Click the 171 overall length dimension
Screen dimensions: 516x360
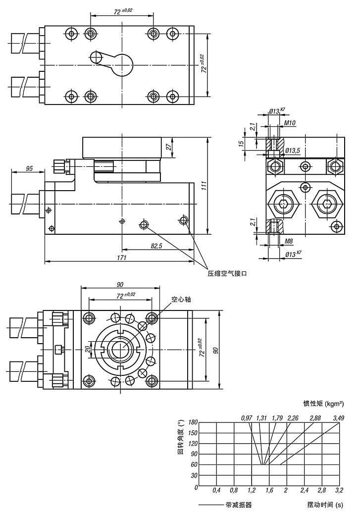(122, 258)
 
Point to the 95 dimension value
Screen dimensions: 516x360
(29, 169)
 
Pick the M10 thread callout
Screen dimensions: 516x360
(291, 122)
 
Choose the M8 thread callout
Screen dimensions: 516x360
(290, 242)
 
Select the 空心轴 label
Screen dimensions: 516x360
(181, 300)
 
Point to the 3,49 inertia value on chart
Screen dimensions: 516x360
(339, 418)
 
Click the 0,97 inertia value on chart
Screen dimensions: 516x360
(247, 418)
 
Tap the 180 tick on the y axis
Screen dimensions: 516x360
(193, 422)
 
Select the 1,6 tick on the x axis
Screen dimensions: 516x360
(269, 490)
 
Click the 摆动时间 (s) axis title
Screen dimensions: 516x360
(325, 505)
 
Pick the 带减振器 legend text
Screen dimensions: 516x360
(239, 505)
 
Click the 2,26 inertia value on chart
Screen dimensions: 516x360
(293, 418)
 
